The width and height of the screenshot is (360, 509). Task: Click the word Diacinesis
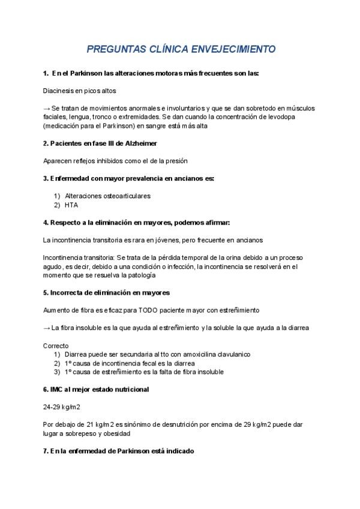point(60,91)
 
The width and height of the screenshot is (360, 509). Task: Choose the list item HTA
point(71,205)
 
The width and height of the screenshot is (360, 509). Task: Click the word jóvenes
point(172,240)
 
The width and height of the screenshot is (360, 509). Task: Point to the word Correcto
point(56,346)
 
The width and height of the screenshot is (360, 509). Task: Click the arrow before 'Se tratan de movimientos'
point(47,108)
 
